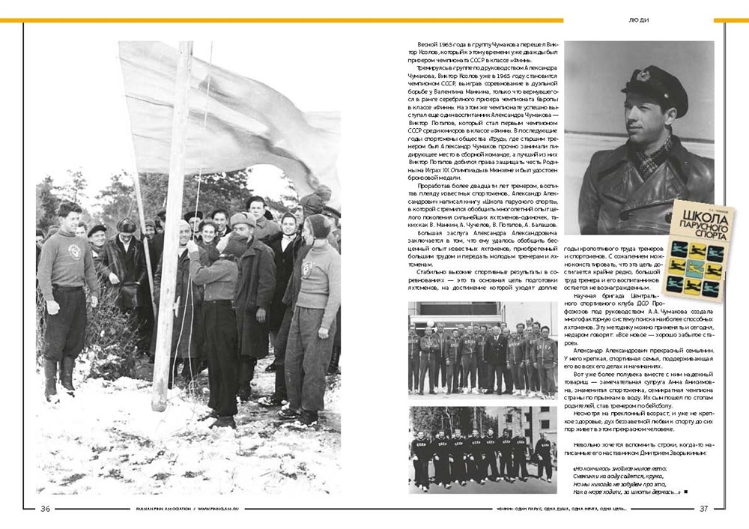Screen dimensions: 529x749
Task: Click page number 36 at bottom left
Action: pyautogui.click(x=45, y=509)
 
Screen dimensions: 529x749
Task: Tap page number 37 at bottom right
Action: pyautogui.click(x=703, y=509)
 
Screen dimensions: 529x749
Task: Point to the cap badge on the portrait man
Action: pyautogui.click(x=643, y=75)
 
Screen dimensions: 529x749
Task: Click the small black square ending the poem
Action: pyautogui.click(x=685, y=492)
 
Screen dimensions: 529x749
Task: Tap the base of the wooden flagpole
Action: pyautogui.click(x=159, y=405)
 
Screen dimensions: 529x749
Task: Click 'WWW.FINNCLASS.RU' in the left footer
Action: pyautogui.click(x=222, y=509)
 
